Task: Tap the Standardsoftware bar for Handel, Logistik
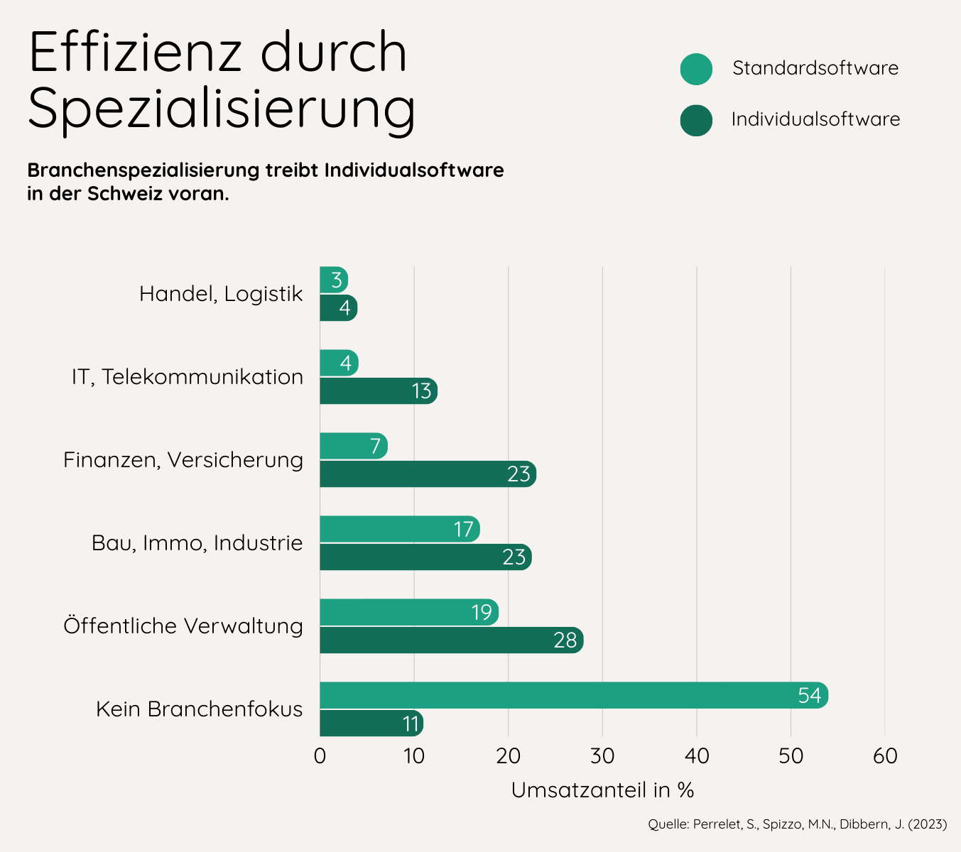[333, 280]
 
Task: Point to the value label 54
[809, 695]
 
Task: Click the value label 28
[565, 640]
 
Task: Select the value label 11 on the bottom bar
[411, 723]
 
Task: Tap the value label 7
[375, 447]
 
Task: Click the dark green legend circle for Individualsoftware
[696, 120]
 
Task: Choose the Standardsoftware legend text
[815, 68]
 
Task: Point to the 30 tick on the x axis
[602, 756]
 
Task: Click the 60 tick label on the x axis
[885, 756]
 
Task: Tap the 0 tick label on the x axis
[320, 756]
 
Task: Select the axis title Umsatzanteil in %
[602, 790]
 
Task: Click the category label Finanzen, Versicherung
[183, 460]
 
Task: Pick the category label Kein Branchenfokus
[199, 709]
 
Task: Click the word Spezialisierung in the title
[222, 108]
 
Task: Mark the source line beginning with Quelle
[797, 824]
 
